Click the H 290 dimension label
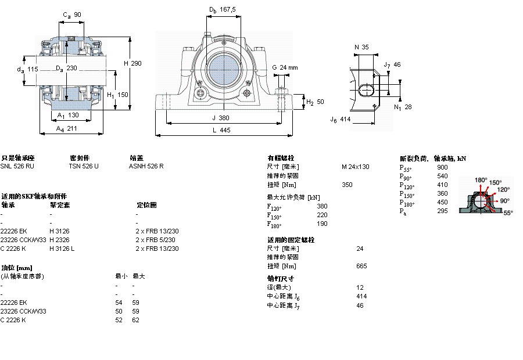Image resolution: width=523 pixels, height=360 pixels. click(132, 63)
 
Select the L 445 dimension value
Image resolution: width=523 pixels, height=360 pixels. click(221, 131)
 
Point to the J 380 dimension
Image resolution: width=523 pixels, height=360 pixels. click(221, 117)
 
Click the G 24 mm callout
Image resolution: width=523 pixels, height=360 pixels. click(285, 67)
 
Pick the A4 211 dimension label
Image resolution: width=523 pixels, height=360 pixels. click(67, 129)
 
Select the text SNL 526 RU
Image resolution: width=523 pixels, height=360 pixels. click(17, 166)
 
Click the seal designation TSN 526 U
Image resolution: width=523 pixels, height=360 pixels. click(84, 166)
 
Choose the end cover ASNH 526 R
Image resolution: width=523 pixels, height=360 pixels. click(146, 166)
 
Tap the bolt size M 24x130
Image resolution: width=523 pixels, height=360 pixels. click(355, 167)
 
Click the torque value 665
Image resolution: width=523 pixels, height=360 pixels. click(361, 266)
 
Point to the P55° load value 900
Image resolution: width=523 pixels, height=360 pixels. click(442, 167)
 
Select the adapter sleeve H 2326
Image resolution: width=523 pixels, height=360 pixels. click(59, 240)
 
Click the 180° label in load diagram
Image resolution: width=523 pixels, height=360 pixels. click(481, 180)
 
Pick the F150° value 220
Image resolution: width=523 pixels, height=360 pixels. click(322, 215)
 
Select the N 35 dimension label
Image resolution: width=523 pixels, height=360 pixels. click(361, 47)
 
